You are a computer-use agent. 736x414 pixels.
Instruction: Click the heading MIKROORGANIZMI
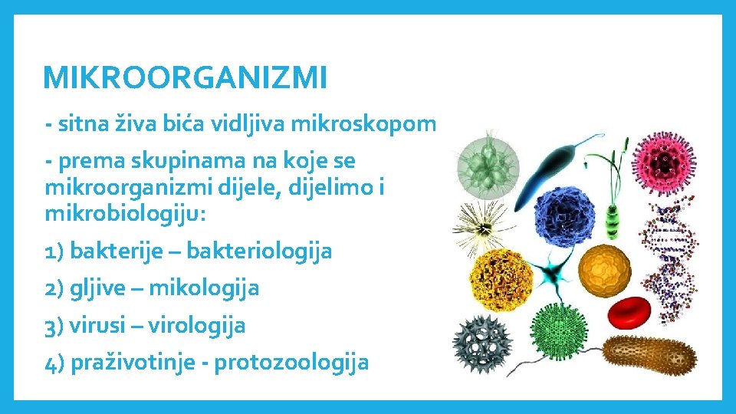185,77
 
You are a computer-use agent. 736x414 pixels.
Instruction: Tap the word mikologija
203,288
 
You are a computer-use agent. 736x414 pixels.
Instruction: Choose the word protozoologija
291,362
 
